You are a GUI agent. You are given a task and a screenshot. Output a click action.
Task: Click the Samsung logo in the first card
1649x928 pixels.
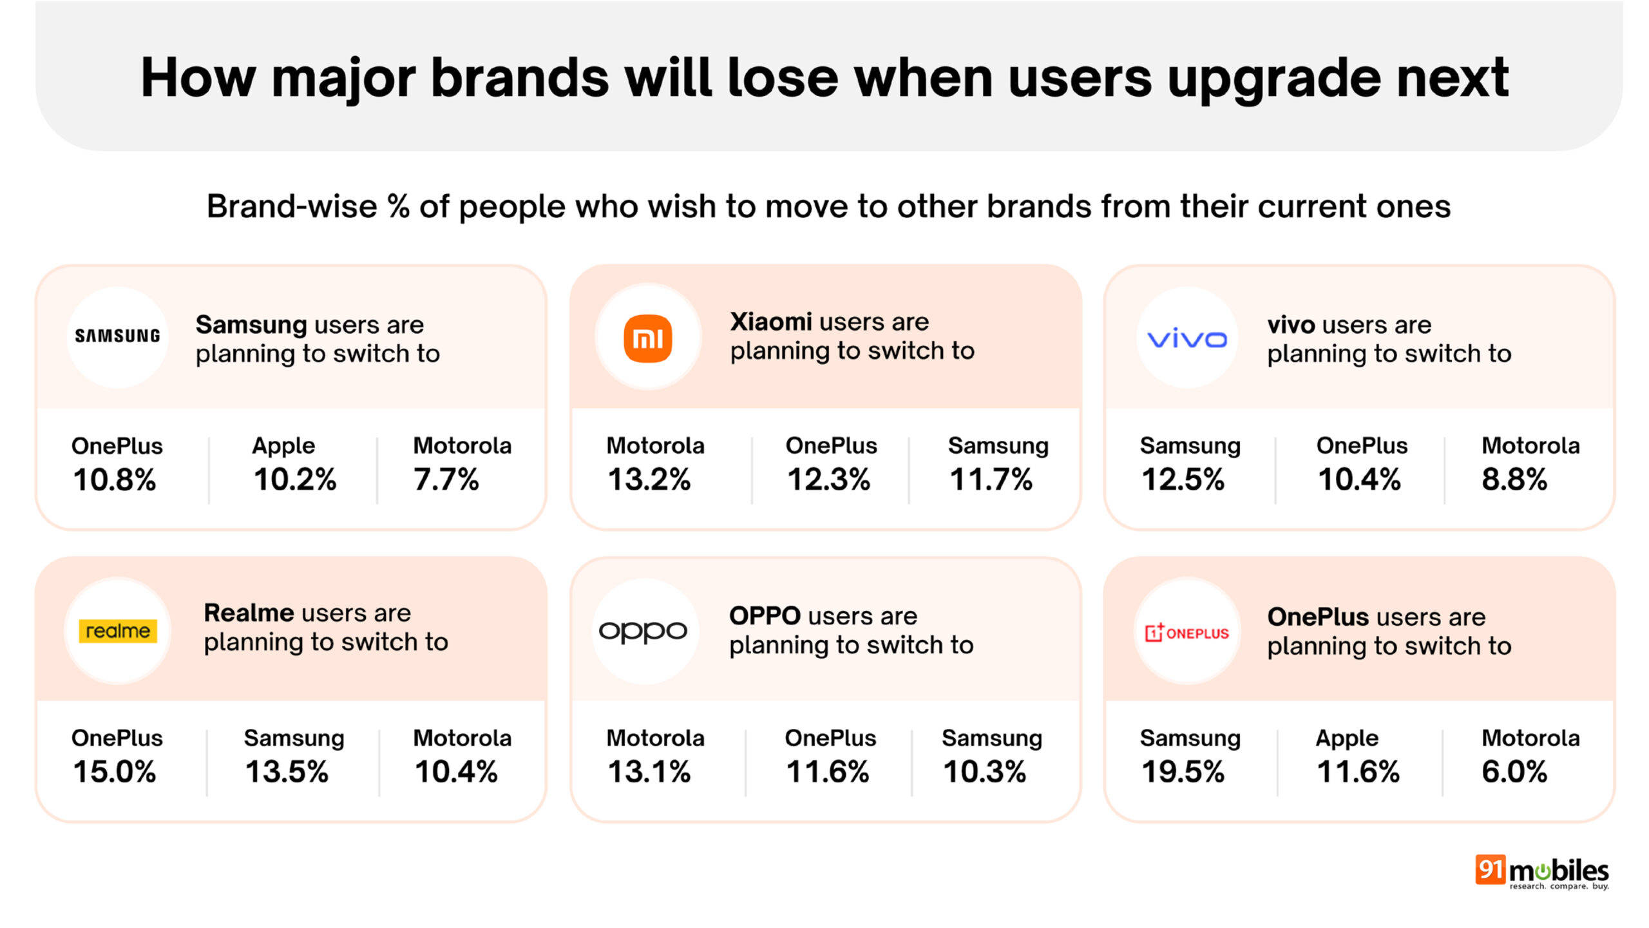pyautogui.click(x=117, y=336)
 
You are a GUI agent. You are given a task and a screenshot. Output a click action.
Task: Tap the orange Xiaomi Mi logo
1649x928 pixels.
pyautogui.click(x=647, y=338)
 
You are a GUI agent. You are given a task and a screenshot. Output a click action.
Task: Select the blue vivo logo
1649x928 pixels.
pyautogui.click(x=1187, y=338)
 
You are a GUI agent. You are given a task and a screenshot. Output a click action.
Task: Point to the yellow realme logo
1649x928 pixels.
pyautogui.click(x=117, y=630)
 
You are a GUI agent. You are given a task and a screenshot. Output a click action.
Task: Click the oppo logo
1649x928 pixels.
pyautogui.click(x=643, y=631)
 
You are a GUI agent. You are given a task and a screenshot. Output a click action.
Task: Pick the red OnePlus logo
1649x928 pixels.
pyautogui.click(x=1187, y=632)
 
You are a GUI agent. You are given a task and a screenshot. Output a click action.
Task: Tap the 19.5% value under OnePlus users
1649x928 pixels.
pyautogui.click(x=1183, y=771)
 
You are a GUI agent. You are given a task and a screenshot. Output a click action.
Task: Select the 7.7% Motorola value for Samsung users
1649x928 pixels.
pyautogui.click(x=446, y=479)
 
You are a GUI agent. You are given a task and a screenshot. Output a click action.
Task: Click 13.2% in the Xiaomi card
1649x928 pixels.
pyautogui.click(x=649, y=479)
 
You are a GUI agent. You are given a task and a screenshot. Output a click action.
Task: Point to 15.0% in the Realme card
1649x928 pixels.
pyautogui.click(x=114, y=771)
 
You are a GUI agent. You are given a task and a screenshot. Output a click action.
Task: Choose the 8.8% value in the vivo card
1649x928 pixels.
pyautogui.click(x=1514, y=479)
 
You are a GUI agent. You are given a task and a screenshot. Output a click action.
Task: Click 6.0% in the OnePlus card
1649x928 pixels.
pyautogui.click(x=1514, y=771)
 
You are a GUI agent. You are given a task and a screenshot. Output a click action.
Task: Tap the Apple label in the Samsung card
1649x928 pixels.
pyautogui.click(x=283, y=445)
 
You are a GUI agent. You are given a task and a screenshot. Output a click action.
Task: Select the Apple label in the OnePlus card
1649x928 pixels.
pyautogui.click(x=1346, y=738)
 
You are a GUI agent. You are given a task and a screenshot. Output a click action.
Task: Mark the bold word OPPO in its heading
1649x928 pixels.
pyautogui.click(x=765, y=616)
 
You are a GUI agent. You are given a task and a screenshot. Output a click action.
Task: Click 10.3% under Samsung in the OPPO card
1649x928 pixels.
pyautogui.click(x=984, y=771)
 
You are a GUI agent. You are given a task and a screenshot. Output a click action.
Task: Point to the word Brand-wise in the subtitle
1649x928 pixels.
pyautogui.click(x=291, y=207)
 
